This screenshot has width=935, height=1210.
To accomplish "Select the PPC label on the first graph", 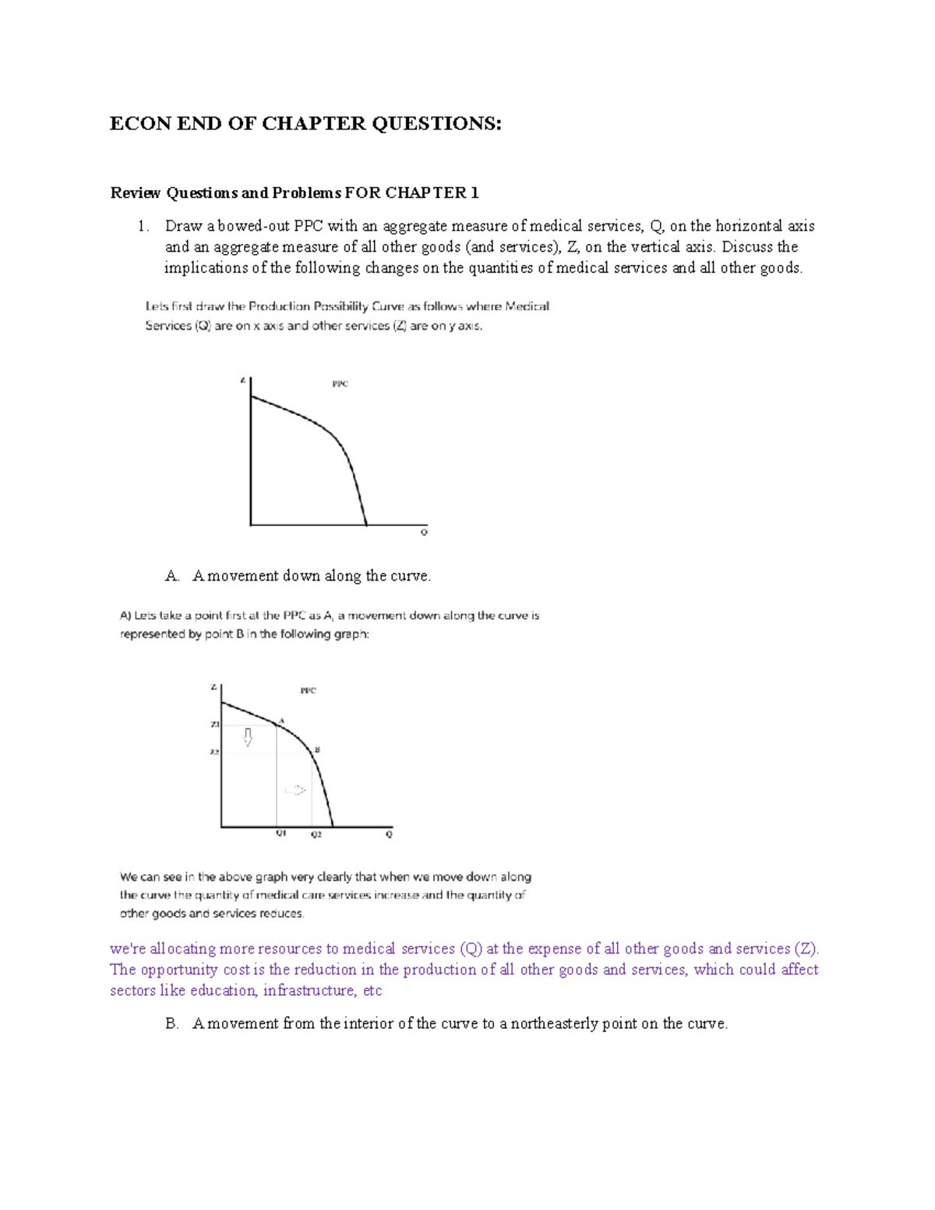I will pyautogui.click(x=340, y=384).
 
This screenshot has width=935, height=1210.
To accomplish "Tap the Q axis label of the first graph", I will pyautogui.click(x=424, y=533).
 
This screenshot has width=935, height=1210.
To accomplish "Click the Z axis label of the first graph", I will pyautogui.click(x=243, y=381).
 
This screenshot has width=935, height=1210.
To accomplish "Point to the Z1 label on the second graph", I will pyautogui.click(x=215, y=725).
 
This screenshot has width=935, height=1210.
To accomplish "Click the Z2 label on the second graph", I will pyautogui.click(x=214, y=753).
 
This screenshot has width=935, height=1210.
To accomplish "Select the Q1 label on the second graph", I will pyautogui.click(x=280, y=833).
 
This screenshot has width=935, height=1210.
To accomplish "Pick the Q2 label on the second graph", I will pyautogui.click(x=316, y=834).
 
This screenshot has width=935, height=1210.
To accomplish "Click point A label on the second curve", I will pyautogui.click(x=281, y=720).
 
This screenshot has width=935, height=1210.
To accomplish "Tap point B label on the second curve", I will pyautogui.click(x=317, y=750).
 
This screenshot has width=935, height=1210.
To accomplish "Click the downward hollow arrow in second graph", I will pyautogui.click(x=249, y=737).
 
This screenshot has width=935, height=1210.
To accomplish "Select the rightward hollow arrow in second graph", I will pyautogui.click(x=295, y=790).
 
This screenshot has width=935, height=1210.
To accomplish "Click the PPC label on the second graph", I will pyautogui.click(x=309, y=690).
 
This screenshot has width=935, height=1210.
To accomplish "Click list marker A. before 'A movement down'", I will pyautogui.click(x=171, y=576).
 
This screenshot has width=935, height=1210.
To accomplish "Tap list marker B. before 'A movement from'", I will pyautogui.click(x=171, y=1024).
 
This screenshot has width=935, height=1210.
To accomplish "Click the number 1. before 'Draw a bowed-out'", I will pyautogui.click(x=143, y=226).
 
